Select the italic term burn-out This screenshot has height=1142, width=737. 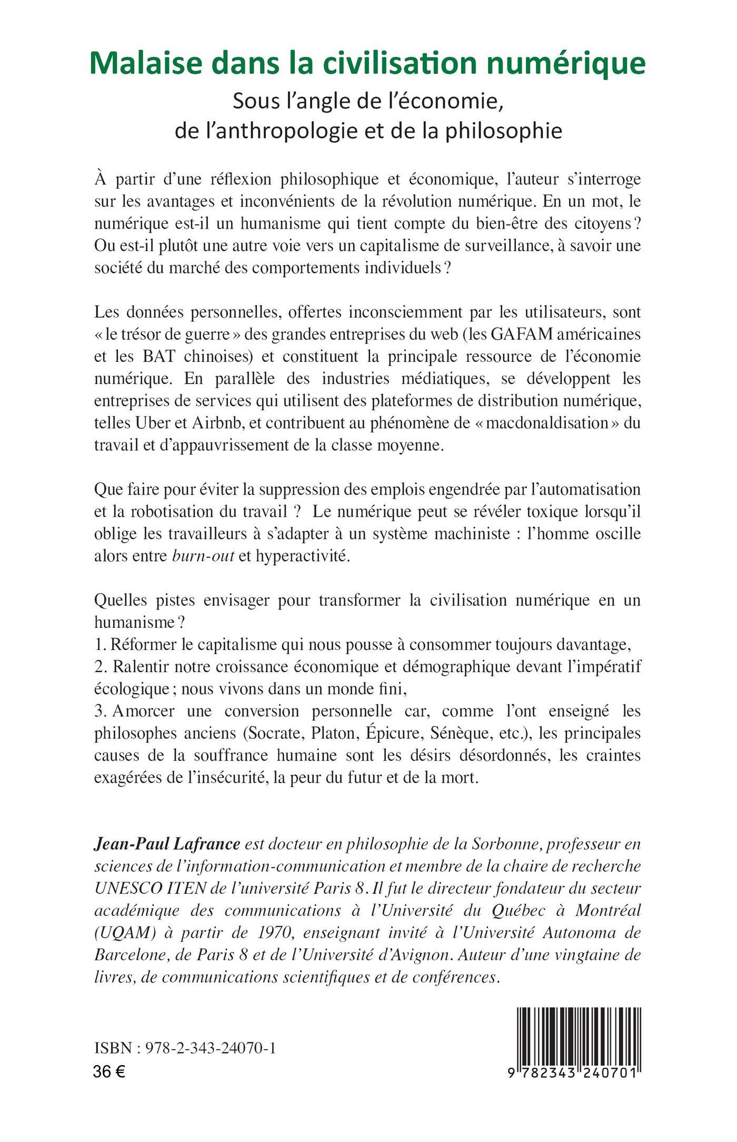(203, 556)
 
